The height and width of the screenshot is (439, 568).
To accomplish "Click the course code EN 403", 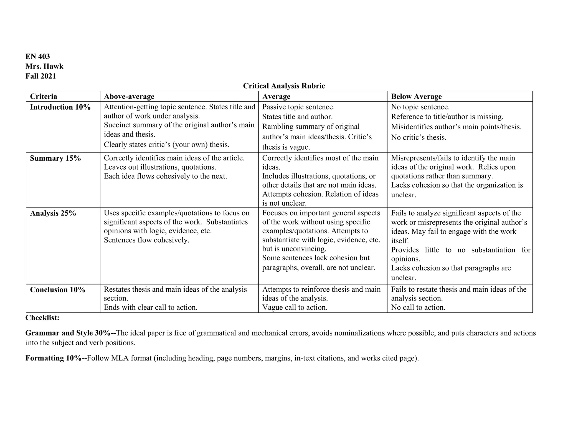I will coord(37,57).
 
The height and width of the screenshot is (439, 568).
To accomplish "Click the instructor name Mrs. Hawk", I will coord(44,66).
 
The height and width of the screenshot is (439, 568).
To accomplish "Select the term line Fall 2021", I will coord(41,76).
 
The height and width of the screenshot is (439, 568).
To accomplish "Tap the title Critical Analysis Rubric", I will coord(284,86).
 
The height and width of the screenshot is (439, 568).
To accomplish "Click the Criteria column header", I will coord(44,96).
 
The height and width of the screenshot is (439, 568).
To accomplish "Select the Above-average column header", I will coord(129,96).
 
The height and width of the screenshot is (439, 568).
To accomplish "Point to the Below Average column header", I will coord(416,96).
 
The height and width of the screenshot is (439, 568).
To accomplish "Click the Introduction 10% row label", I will coord(60,107).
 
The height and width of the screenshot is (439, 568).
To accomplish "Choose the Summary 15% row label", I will coord(55,158).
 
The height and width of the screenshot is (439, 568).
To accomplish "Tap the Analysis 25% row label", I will coord(53,213).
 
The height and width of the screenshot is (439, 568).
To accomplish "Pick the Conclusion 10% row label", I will coord(58,290).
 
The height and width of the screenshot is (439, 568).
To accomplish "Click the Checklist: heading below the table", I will coord(42,318).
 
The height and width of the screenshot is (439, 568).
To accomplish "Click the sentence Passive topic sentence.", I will coord(298,107).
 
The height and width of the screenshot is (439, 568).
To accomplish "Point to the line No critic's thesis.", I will coord(419,137).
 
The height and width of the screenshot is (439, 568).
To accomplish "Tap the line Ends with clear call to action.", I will coord(151,307).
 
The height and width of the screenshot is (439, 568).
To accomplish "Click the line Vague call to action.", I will coord(295,307).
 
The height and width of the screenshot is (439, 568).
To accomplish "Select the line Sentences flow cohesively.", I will coord(146,240).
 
